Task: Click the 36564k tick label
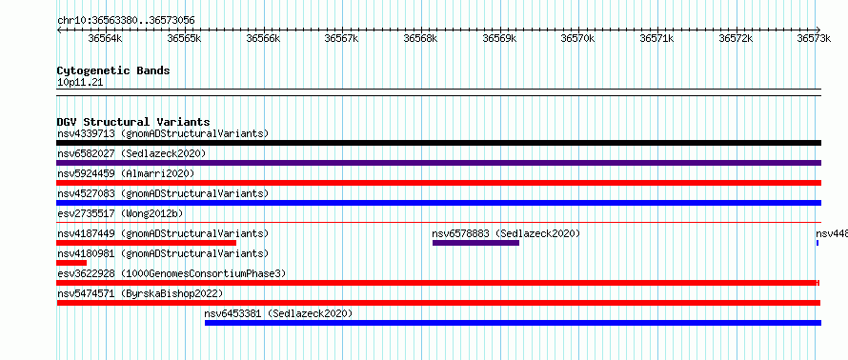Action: click(106, 38)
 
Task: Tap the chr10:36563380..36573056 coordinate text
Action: click(126, 21)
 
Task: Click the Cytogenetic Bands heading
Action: click(113, 70)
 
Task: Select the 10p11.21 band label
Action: click(80, 83)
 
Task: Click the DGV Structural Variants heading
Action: click(133, 122)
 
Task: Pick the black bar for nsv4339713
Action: click(438, 143)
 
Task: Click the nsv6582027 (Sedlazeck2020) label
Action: click(131, 153)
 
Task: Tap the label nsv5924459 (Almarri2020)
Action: click(126, 173)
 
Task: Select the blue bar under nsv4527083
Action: click(438, 203)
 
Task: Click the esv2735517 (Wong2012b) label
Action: click(120, 213)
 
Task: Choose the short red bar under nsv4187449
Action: click(146, 243)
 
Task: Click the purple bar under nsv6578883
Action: click(475, 243)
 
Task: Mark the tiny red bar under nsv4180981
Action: click(71, 263)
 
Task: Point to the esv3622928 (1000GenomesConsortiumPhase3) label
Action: click(172, 273)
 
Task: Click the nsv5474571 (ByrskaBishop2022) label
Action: click(140, 293)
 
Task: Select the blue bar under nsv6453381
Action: click(514, 323)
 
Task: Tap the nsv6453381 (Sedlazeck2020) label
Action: click(278, 313)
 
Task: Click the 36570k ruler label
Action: click(578, 38)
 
